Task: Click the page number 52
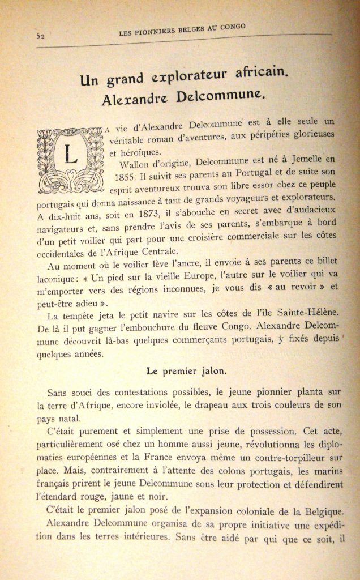(40, 36)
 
